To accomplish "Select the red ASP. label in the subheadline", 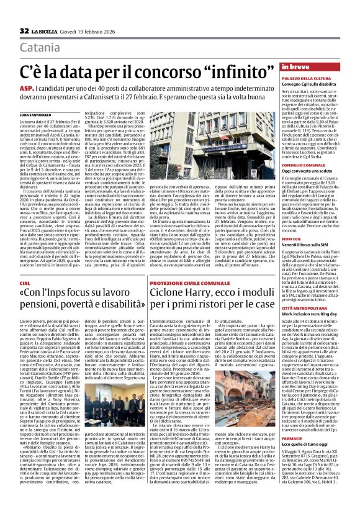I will (27, 89).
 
